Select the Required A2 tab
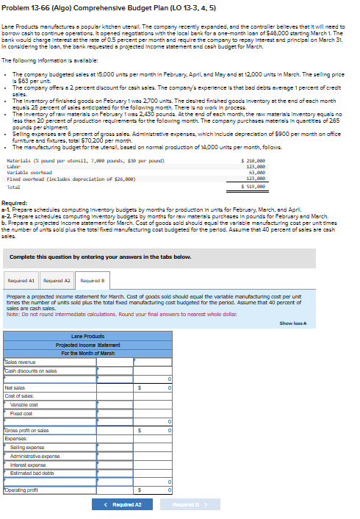coord(56,280)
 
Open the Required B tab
coord(91,280)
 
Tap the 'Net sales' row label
coord(15,387)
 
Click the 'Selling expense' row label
coord(25,447)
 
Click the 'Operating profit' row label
coord(21,490)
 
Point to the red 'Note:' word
coord(12,314)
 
